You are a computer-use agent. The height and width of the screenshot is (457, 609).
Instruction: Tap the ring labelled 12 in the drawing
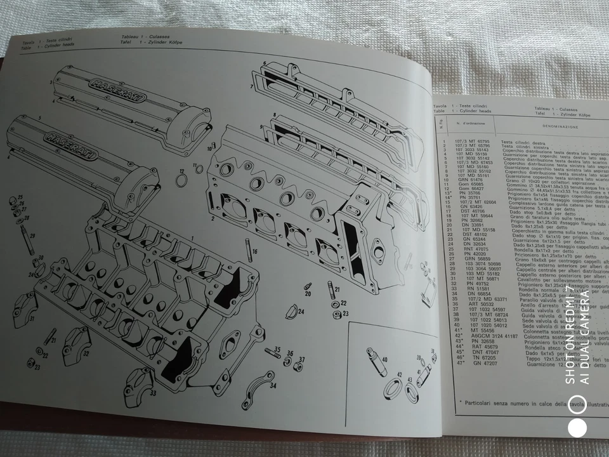[x=181, y=182]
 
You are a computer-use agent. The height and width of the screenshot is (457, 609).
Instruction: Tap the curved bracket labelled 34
[x=261, y=375]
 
